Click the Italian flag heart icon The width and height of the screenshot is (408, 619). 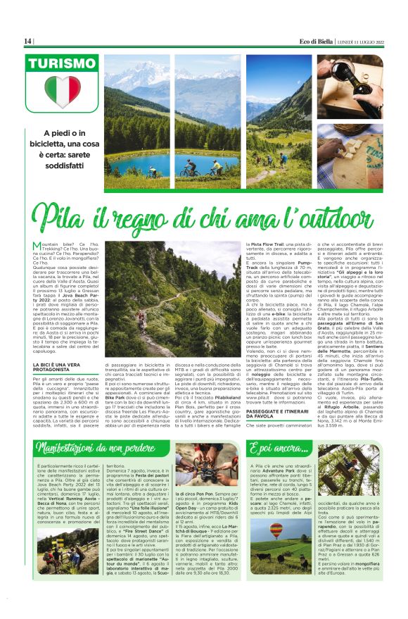point(63,92)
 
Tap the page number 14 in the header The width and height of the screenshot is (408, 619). point(28,42)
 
